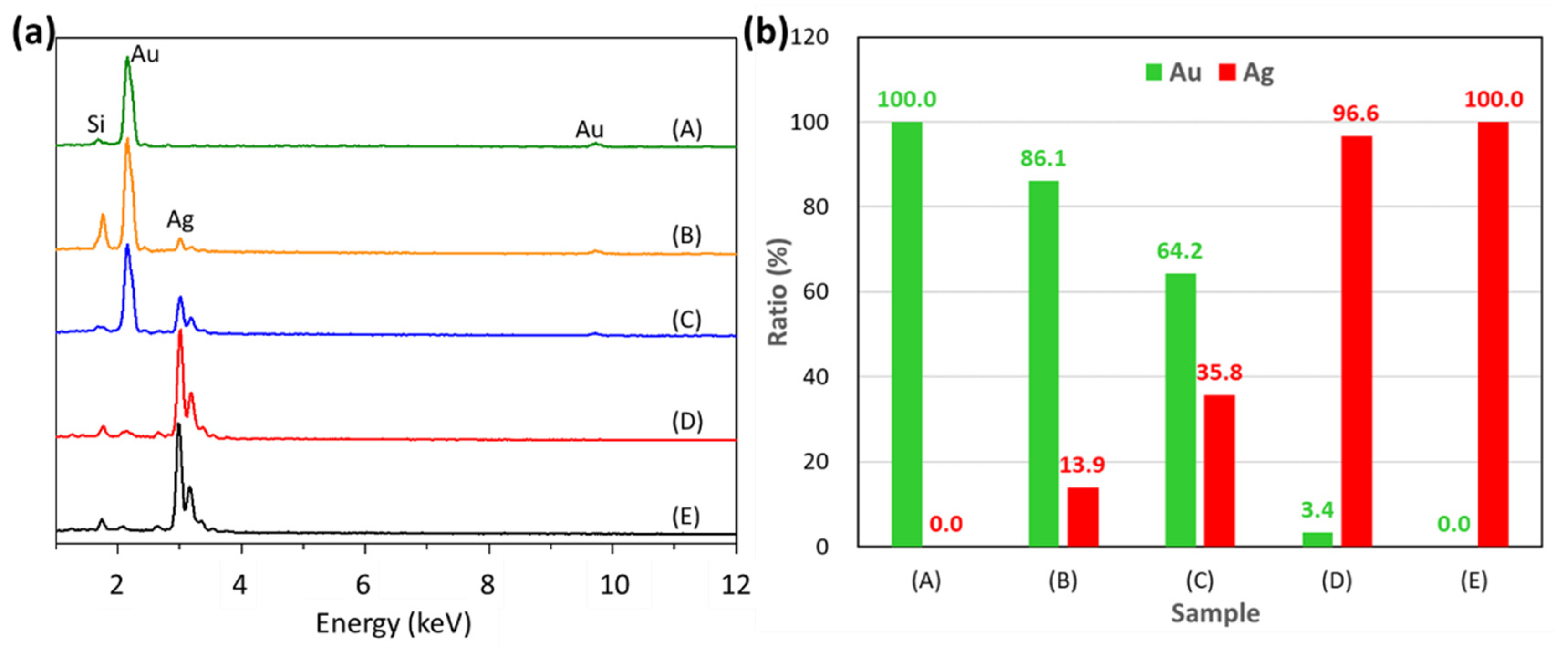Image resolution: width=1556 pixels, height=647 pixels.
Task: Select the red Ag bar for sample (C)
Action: click(1219, 470)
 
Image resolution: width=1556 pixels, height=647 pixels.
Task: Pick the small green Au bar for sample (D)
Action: click(1317, 538)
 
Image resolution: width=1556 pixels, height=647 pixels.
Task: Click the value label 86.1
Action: click(1043, 158)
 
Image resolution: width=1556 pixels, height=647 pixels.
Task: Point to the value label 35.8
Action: click(1219, 372)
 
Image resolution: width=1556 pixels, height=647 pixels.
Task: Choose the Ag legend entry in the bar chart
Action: click(1247, 72)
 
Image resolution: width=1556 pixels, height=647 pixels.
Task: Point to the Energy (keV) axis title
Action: click(393, 623)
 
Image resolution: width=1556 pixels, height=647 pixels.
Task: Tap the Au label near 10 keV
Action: click(589, 129)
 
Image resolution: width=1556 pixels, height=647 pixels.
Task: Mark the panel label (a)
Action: click(34, 33)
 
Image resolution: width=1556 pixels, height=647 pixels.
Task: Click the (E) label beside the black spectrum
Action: click(685, 517)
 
